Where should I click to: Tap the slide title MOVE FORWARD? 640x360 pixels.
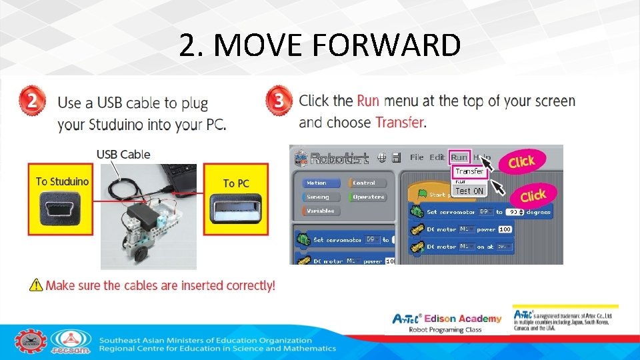click(x=320, y=45)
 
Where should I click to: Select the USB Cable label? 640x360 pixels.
click(x=123, y=155)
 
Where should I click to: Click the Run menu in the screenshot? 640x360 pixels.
click(x=459, y=157)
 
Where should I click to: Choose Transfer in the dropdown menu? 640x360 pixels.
click(x=469, y=171)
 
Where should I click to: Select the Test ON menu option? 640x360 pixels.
click(x=469, y=191)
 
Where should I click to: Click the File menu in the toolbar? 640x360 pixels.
click(x=417, y=157)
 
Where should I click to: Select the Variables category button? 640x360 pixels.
click(x=321, y=211)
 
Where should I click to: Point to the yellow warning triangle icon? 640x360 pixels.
click(x=36, y=285)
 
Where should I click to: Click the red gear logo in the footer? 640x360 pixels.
click(x=31, y=341)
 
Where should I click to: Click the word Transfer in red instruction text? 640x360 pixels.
click(x=399, y=123)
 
